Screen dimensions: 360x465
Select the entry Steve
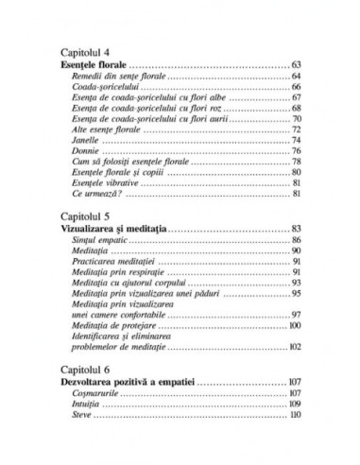click(81, 415)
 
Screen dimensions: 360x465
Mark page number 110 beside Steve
click(295, 415)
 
